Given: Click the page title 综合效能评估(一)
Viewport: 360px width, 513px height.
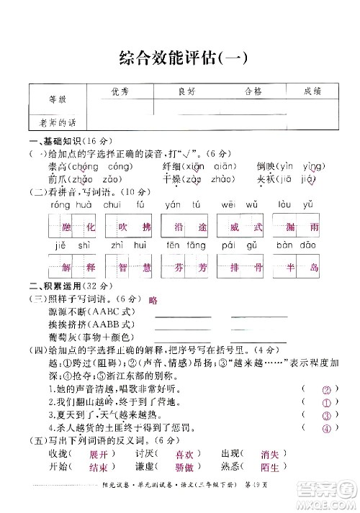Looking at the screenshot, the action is pos(180,58).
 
